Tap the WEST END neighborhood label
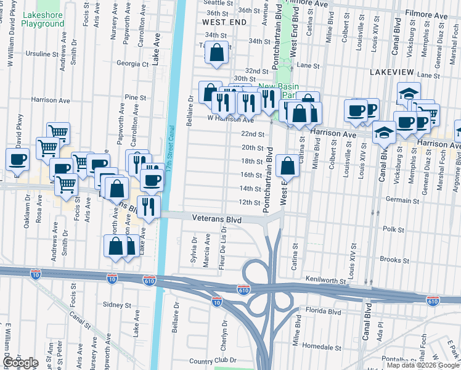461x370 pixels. (224, 22)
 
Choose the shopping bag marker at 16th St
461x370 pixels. (288, 165)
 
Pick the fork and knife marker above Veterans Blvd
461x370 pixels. (148, 206)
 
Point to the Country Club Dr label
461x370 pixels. (213, 360)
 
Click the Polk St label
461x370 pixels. (393, 229)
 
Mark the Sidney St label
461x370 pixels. (117, 305)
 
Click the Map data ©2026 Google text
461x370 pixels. (422, 364)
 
